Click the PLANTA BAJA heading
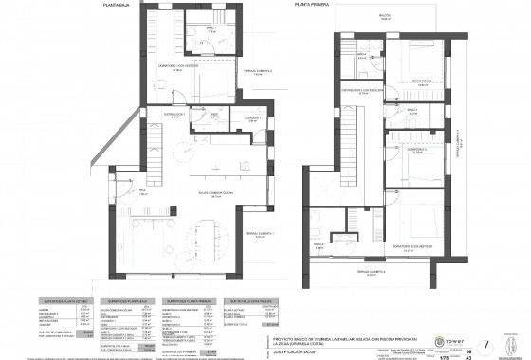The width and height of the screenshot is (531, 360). (119, 5)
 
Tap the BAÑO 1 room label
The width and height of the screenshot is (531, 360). (212, 29)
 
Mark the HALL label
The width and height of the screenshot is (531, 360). (142, 191)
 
